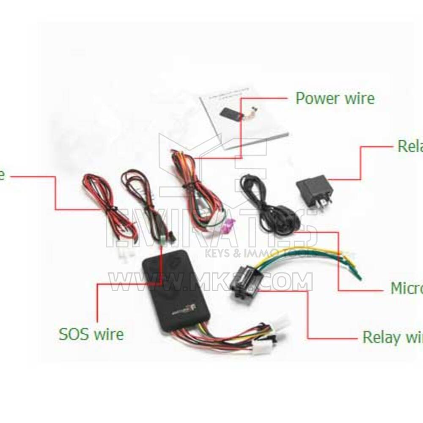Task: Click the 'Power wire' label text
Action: (x=335, y=98)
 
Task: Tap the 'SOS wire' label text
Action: (x=91, y=334)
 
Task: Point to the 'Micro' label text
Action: (x=406, y=288)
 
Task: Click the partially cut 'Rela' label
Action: (x=410, y=146)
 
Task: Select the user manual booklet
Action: (x=245, y=118)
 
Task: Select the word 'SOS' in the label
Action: (x=74, y=334)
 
